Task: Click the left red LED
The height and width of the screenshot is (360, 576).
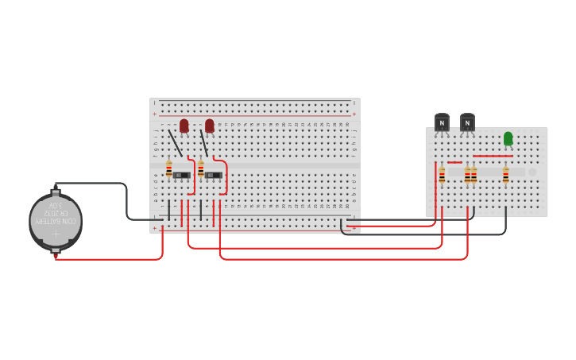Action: (184, 126)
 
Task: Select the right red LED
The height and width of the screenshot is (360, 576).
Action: (210, 126)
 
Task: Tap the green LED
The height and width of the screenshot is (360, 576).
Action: (508, 138)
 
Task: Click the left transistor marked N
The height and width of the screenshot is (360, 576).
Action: (442, 122)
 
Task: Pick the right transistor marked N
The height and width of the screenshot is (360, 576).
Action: (467, 122)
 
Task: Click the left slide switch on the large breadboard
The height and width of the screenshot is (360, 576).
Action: (181, 175)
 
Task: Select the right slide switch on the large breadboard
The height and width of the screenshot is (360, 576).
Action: (213, 175)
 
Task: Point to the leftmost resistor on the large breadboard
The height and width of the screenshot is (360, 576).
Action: (169, 168)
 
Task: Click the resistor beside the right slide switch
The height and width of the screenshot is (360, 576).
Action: (201, 168)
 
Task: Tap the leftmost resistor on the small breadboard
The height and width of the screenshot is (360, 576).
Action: (442, 175)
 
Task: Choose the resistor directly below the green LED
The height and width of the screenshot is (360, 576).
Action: (505, 175)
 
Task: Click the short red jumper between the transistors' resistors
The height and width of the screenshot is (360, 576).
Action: (454, 162)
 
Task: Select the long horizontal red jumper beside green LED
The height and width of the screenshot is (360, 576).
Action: (493, 156)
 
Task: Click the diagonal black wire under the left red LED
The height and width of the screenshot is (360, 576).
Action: (175, 143)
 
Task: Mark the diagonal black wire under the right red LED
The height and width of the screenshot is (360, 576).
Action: (204, 144)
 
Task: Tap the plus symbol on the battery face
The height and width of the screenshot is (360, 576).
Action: (55, 235)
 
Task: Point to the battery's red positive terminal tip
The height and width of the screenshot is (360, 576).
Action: (56, 257)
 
